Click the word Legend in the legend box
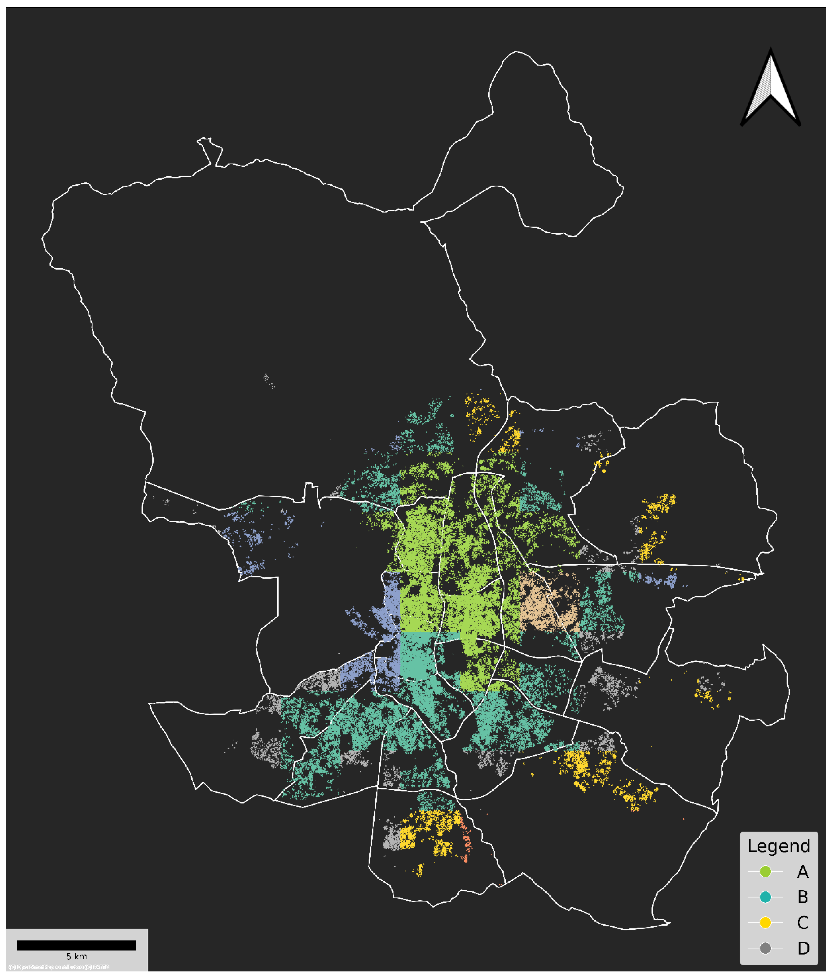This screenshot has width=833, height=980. [779, 846]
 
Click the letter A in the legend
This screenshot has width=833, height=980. [803, 872]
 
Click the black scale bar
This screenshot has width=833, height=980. [77, 945]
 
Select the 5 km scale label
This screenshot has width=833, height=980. [77, 956]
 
